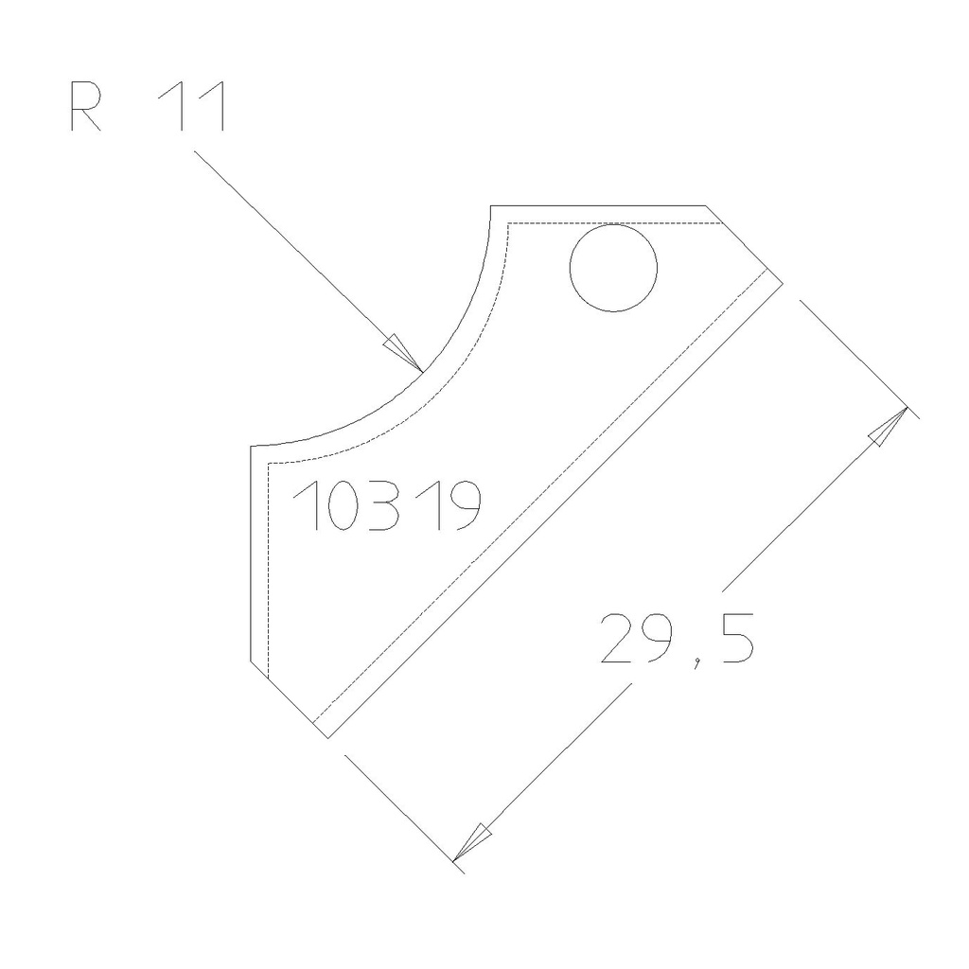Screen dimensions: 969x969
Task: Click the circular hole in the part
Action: point(613,269)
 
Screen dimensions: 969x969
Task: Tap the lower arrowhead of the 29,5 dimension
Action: point(469,845)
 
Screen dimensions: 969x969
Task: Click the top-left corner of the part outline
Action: point(490,205)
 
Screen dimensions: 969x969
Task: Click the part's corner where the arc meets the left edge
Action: point(250,446)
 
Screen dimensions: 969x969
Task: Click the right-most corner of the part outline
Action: point(783,280)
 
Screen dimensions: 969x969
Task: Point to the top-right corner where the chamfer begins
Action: point(707,205)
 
